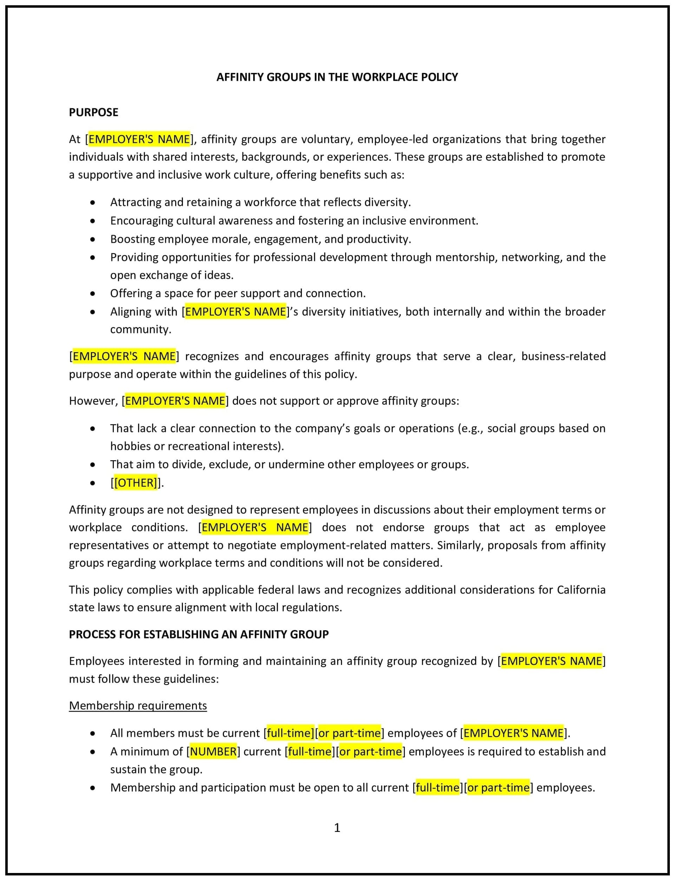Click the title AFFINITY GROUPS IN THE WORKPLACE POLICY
coord(337,77)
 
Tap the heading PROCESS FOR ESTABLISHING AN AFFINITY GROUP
coord(199,634)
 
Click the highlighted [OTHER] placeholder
coord(136,483)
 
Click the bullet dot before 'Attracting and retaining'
coord(93,202)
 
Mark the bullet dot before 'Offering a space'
coord(93,293)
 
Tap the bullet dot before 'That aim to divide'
coord(93,465)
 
